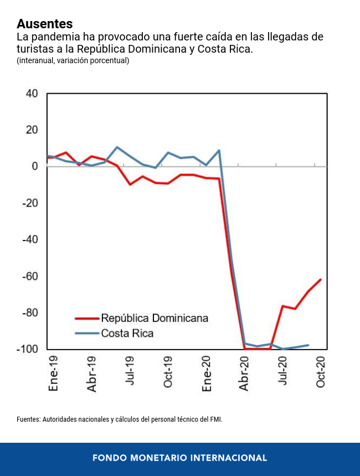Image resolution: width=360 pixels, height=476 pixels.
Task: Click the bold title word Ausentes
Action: coord(45,24)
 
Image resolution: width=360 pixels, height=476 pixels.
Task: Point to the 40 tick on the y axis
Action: coord(32,94)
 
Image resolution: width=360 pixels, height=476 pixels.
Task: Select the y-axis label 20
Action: coord(32,130)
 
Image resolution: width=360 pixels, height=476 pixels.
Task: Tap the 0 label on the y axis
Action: coord(34,166)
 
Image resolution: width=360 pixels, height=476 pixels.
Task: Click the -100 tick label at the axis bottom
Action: coord(28,349)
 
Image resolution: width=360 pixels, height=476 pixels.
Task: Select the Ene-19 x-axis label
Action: coord(54,374)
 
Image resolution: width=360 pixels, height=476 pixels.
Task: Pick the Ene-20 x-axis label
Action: coord(207,374)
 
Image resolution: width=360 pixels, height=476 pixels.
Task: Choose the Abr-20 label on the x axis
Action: coord(245,374)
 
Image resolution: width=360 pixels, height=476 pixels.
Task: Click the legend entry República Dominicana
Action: coord(155,318)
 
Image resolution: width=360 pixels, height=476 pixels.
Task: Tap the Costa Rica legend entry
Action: coord(127,334)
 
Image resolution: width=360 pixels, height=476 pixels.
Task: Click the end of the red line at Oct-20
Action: coord(321,279)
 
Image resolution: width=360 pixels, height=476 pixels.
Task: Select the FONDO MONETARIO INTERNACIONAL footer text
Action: coord(179,458)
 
